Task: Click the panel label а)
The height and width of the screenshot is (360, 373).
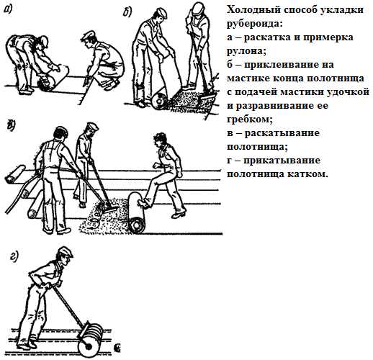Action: (8, 9)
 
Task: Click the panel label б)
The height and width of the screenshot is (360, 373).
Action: (127, 12)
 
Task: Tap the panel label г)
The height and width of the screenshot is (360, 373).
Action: (14, 256)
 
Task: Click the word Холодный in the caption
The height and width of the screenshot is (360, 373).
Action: (253, 10)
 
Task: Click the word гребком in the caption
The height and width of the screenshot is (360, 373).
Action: (250, 120)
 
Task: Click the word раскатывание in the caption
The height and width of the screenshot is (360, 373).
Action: (282, 133)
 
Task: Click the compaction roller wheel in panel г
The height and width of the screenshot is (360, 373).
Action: (88, 346)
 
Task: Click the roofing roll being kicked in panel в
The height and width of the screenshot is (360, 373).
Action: (136, 213)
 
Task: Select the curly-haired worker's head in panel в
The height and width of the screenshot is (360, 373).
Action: (161, 140)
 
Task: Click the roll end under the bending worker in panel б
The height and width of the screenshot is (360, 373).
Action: (159, 100)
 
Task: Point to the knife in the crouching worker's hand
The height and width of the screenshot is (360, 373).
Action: (85, 81)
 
